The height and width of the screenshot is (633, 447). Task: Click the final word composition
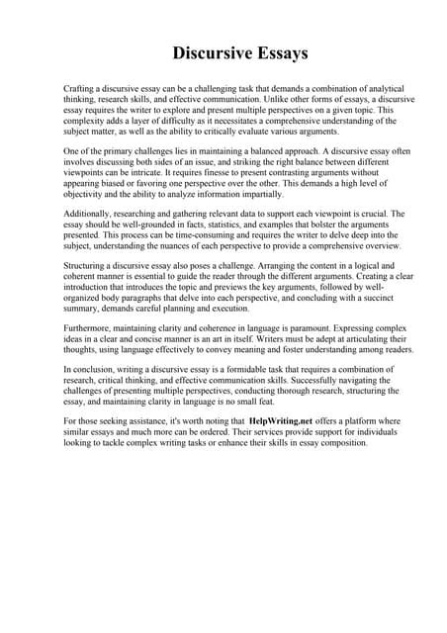[x=332, y=443]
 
